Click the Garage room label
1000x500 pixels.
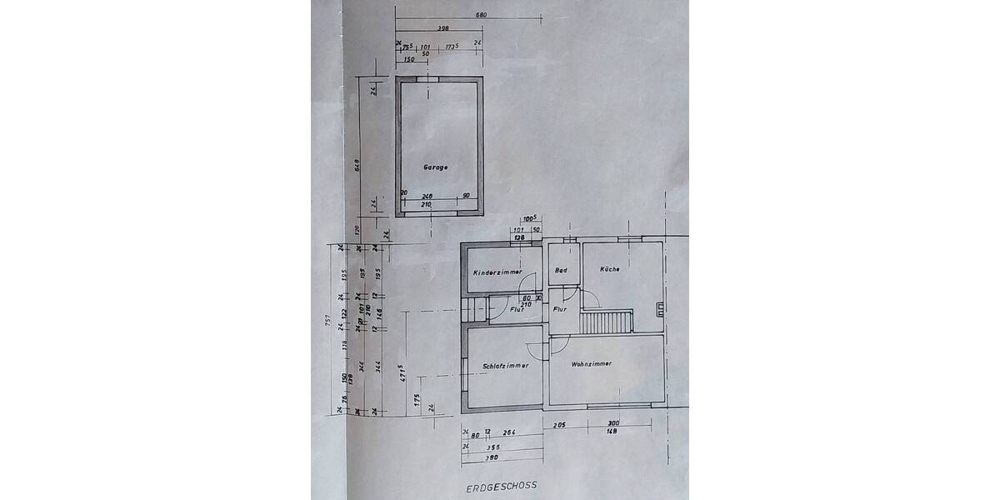[435, 167]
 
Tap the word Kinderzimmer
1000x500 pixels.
[497, 272]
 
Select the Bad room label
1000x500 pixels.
[561, 270]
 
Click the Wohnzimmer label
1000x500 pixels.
[592, 364]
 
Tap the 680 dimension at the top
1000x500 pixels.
[481, 15]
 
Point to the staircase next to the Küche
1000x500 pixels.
[606, 322]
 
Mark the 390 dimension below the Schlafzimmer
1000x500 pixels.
[492, 458]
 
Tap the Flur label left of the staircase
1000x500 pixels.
[560, 309]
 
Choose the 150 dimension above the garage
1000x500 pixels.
[408, 60]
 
